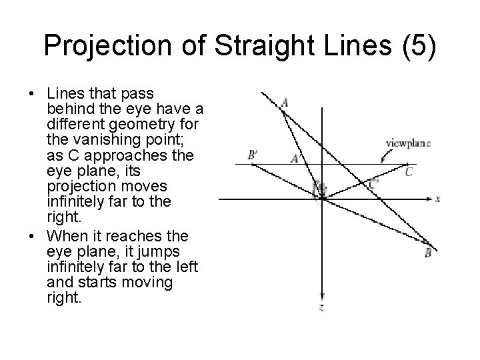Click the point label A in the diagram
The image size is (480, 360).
tap(285, 102)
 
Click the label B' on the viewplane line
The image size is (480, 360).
tap(252, 155)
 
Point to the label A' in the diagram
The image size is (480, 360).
tap(297, 159)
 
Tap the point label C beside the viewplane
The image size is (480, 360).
tap(409, 172)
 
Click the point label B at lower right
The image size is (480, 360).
tap(428, 253)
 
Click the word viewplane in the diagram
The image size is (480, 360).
tap(408, 143)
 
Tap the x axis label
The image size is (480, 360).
tap(438, 199)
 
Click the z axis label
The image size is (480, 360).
tap(321, 308)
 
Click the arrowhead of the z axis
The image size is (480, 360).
tap(321, 297)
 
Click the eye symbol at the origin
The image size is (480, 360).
tap(319, 189)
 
